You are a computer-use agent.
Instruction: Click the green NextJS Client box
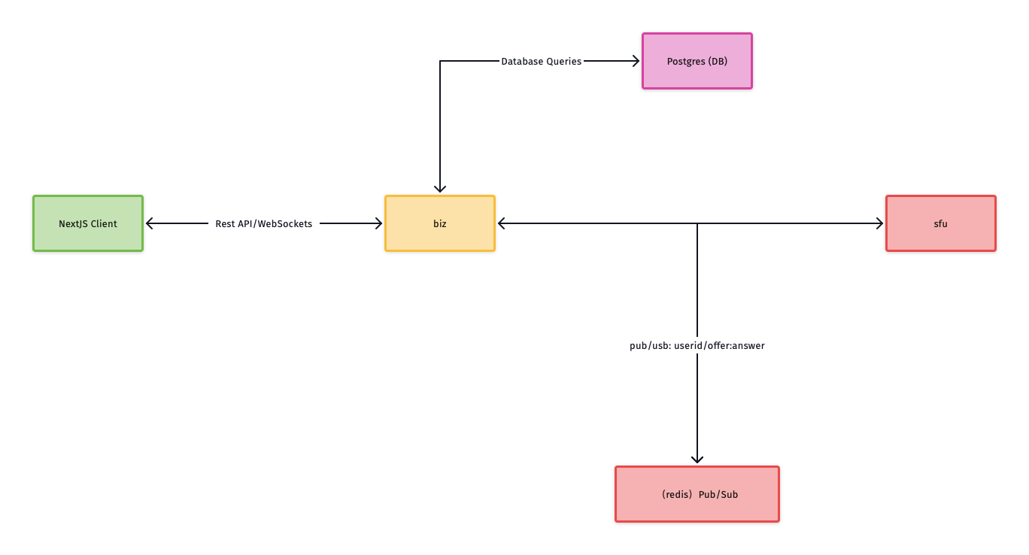(x=88, y=223)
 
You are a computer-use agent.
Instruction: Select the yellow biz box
(x=440, y=223)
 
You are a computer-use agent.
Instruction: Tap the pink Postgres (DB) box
(x=697, y=61)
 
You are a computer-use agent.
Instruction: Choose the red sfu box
(x=940, y=223)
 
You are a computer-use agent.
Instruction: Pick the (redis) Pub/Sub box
(x=697, y=494)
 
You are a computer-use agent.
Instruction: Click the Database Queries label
(x=541, y=61)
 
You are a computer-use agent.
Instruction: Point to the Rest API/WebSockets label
(x=263, y=223)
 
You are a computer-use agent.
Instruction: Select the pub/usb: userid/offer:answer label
(x=697, y=346)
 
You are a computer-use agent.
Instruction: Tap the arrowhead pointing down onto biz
(x=440, y=188)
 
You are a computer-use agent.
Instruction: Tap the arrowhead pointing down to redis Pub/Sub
(x=697, y=458)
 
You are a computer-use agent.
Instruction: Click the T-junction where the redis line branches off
(x=697, y=223)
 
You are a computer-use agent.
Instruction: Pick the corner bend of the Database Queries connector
(x=440, y=61)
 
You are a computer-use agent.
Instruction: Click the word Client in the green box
(x=104, y=223)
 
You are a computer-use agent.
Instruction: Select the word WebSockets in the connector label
(x=285, y=223)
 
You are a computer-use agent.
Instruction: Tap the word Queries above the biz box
(x=563, y=61)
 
